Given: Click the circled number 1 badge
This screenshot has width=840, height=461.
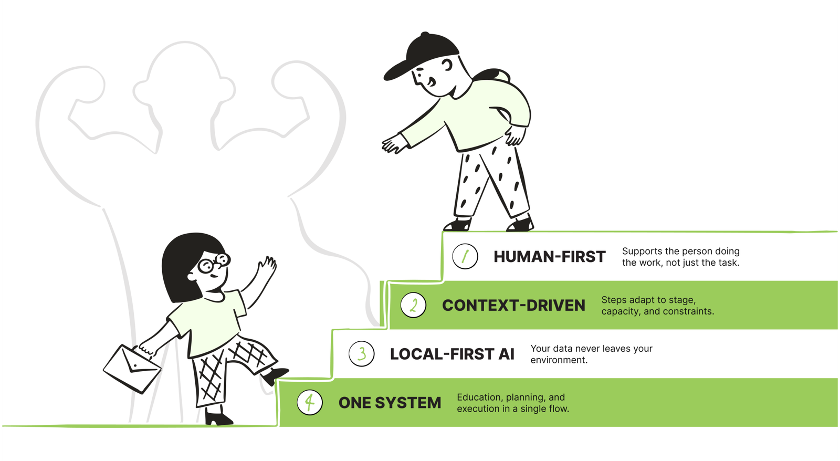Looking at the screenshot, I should pyautogui.click(x=465, y=257).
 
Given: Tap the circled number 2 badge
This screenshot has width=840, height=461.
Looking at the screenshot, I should pyautogui.click(x=413, y=305).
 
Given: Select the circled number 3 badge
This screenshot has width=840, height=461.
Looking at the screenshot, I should pyautogui.click(x=362, y=354).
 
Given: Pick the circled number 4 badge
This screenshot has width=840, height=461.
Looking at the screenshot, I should pyautogui.click(x=310, y=403).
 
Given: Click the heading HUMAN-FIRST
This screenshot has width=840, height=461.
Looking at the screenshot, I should pyautogui.click(x=549, y=257).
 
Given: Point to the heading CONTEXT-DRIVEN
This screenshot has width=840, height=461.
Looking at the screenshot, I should pyautogui.click(x=513, y=306).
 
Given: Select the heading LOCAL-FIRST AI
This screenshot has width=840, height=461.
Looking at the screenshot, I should pyautogui.click(x=452, y=354).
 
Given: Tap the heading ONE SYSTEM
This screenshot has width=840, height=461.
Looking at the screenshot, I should pyautogui.click(x=390, y=403).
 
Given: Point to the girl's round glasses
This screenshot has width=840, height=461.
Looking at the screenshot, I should pyautogui.click(x=214, y=263).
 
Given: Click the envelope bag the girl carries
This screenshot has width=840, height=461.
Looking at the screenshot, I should pyautogui.click(x=132, y=369).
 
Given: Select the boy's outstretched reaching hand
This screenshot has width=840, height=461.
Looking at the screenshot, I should pyautogui.click(x=394, y=144).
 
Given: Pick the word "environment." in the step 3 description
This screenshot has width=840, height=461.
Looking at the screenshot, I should pyautogui.click(x=559, y=360).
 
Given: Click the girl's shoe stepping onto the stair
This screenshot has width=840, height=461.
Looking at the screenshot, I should pyautogui.click(x=275, y=375).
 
